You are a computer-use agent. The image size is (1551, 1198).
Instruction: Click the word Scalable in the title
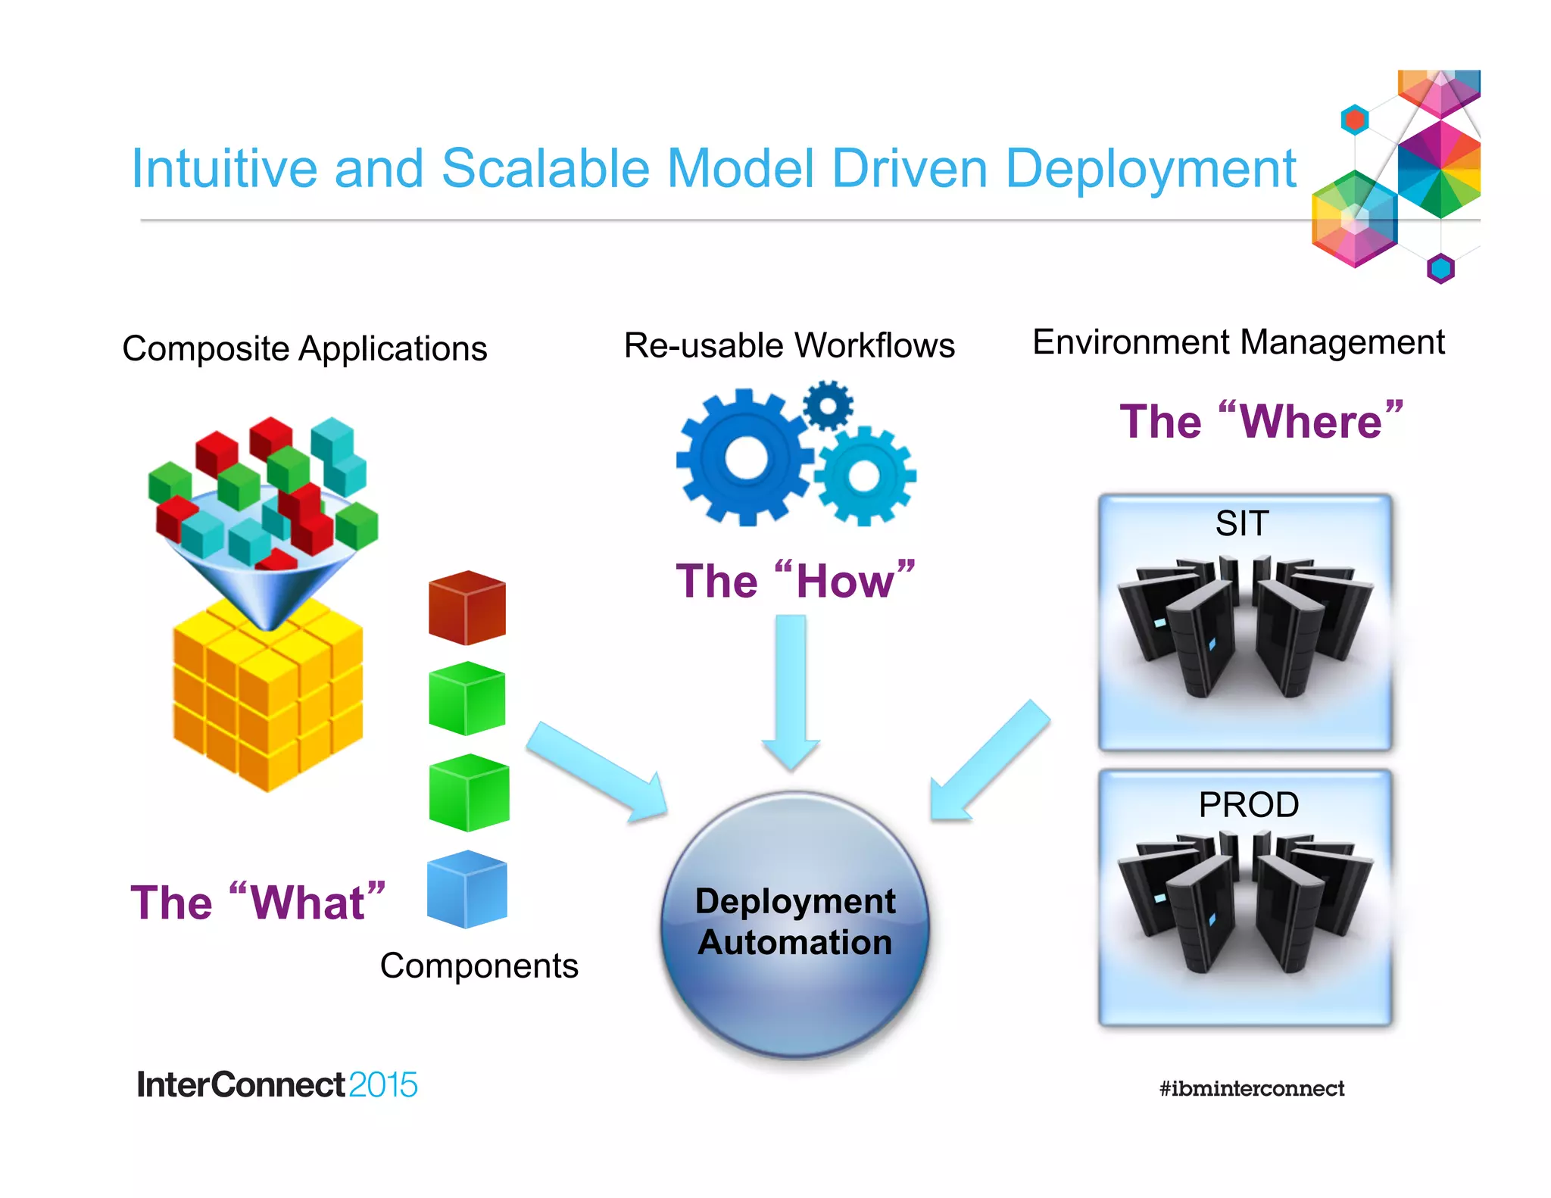(x=545, y=168)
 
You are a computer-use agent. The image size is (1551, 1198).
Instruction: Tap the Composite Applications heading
(x=304, y=349)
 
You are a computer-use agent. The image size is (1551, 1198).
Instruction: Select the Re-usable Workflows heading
(x=788, y=345)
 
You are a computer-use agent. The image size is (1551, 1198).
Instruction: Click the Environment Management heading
(x=1238, y=342)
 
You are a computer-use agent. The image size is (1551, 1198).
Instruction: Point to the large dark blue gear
(x=746, y=458)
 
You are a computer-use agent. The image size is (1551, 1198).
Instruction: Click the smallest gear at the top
(x=828, y=406)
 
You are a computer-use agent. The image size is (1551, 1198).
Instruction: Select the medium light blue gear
(x=865, y=476)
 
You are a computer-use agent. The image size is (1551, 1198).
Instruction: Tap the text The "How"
(x=795, y=582)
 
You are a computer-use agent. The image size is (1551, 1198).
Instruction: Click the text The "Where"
(x=1261, y=421)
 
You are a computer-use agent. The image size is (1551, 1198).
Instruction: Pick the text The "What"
(x=257, y=903)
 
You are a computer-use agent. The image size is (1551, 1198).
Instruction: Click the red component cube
(x=467, y=608)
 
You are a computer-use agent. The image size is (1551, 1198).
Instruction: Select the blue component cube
(x=467, y=890)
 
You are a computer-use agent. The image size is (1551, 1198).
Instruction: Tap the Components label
(x=479, y=966)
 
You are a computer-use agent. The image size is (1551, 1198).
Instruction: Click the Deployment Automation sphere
(x=795, y=924)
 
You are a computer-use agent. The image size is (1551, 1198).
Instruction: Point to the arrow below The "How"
(x=791, y=689)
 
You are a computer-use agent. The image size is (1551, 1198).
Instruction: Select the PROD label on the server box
(x=1248, y=805)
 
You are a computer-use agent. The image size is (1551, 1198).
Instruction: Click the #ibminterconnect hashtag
(x=1251, y=1089)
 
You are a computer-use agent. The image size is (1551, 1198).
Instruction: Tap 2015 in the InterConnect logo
(x=383, y=1085)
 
